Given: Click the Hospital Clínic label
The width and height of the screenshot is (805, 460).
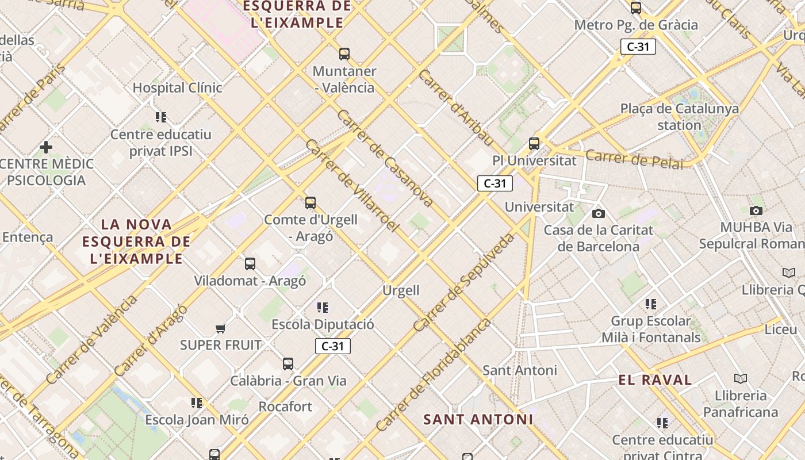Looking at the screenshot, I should click(177, 88).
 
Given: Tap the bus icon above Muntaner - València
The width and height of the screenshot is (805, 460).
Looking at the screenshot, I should click(344, 54).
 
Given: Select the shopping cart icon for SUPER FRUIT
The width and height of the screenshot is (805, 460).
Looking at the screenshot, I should click(220, 328).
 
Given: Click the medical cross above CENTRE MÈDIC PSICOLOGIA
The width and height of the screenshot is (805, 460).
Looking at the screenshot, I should click(46, 147).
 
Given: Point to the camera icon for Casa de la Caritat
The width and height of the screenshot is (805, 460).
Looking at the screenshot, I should click(599, 213).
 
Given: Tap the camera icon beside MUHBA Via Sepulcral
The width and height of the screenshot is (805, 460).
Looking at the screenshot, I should click(756, 210).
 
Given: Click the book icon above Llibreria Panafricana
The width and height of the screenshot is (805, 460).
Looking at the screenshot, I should click(741, 378).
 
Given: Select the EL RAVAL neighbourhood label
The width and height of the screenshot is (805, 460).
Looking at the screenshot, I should click(655, 380).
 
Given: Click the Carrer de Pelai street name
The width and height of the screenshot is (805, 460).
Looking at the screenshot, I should click(634, 159).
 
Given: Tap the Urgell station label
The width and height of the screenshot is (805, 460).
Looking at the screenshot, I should click(401, 290).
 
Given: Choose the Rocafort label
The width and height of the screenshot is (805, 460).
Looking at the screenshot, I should click(285, 407).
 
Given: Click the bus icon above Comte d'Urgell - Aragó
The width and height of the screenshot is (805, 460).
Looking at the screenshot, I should click(310, 203).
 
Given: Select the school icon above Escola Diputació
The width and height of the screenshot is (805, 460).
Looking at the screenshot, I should click(323, 308).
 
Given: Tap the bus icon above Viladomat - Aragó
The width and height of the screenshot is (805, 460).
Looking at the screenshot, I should click(250, 264).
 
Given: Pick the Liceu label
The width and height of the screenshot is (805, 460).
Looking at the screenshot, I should click(780, 330).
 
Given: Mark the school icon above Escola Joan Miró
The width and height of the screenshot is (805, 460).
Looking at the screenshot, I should click(197, 402).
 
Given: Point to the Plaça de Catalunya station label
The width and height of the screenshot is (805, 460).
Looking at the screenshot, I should click(679, 117).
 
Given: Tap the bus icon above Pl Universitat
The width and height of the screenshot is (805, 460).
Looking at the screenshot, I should click(534, 144).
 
